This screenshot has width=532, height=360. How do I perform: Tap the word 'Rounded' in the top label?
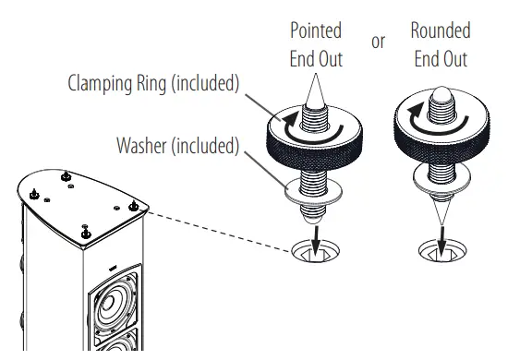click(441, 31)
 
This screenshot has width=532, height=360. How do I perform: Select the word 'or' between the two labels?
click(378, 42)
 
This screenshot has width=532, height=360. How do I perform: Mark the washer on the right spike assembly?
click(441, 179)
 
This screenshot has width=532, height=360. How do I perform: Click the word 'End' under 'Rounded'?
click(427, 59)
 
